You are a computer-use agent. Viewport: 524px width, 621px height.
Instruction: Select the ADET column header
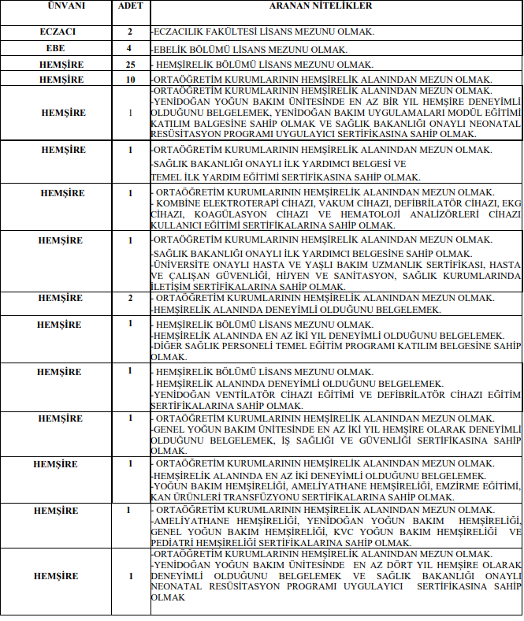tap(129, 6)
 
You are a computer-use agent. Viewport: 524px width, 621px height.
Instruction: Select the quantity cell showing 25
tap(129, 64)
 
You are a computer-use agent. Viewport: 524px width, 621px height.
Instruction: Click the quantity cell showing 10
tap(129, 80)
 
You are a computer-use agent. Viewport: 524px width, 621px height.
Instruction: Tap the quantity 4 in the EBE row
tap(129, 49)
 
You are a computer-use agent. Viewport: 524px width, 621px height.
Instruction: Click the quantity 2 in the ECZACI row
tap(129, 32)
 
